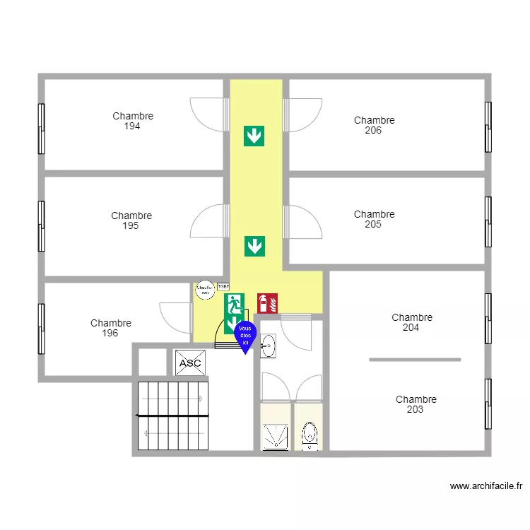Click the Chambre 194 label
133,122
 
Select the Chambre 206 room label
374,126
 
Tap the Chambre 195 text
131,221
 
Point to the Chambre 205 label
374,220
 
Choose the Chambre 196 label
110,329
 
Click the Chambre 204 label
411,323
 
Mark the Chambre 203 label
416,405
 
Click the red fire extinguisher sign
267,303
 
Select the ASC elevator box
189,363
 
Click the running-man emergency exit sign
234,304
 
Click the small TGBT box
223,287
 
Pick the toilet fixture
309,436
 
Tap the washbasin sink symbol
269,346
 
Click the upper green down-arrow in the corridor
254,136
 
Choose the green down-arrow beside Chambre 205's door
254,246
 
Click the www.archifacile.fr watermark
485,486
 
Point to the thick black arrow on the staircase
173,416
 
